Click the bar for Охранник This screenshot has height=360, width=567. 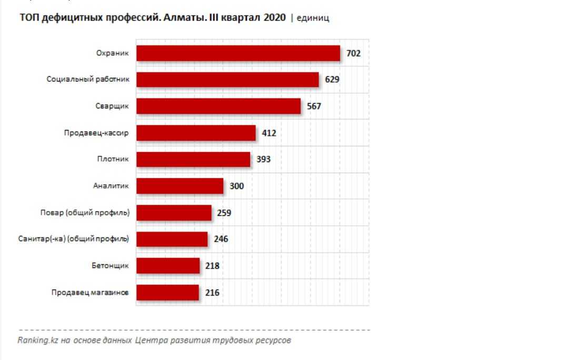[238, 53]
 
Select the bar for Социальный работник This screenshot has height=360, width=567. [227, 79]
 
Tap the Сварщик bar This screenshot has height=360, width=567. [218, 106]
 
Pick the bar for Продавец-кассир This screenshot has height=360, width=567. [196, 133]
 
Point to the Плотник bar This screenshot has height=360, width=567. [193, 159]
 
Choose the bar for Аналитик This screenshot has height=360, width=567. [180, 186]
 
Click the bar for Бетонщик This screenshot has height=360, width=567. [168, 266]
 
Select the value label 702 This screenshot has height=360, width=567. [353, 53]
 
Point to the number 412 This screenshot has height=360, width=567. [269, 133]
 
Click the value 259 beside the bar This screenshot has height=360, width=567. [224, 213]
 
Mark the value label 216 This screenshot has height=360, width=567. [212, 293]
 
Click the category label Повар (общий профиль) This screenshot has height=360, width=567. [85, 213]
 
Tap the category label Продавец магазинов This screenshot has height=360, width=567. [90, 293]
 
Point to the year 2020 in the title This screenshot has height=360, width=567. [275, 18]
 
